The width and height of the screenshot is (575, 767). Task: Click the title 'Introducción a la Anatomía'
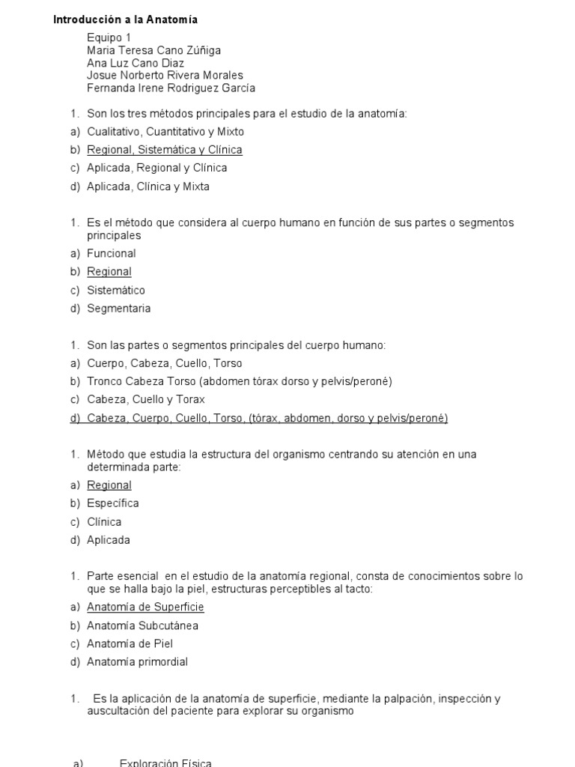125,20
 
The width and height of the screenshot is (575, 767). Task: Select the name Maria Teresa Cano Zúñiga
153,50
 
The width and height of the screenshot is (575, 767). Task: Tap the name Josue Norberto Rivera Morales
165,75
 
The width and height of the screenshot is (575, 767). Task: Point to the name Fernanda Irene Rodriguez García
171,88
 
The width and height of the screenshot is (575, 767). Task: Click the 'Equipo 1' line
109,38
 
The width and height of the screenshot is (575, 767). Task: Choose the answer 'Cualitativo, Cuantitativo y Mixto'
165,132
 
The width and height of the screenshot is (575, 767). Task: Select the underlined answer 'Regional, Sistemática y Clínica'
165,150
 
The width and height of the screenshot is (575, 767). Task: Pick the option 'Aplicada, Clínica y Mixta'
148,187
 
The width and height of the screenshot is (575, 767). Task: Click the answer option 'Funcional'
112,254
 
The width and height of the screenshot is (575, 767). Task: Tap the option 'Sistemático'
116,291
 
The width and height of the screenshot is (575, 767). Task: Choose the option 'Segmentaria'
118,309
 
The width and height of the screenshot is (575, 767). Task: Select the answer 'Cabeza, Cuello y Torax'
146,400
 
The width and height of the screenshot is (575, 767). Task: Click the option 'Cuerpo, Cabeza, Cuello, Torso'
165,363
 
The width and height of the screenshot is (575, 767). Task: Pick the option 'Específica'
113,503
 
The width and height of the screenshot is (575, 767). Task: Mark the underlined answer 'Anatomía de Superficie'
145,607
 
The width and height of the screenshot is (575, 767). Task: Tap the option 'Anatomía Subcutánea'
142,625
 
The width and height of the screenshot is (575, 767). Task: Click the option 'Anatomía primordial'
137,662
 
